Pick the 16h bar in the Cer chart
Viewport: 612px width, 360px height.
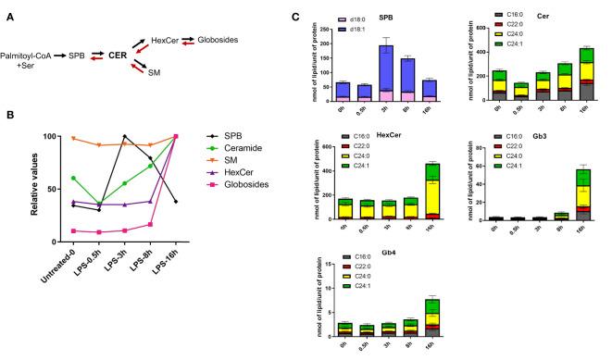tap(585, 73)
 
